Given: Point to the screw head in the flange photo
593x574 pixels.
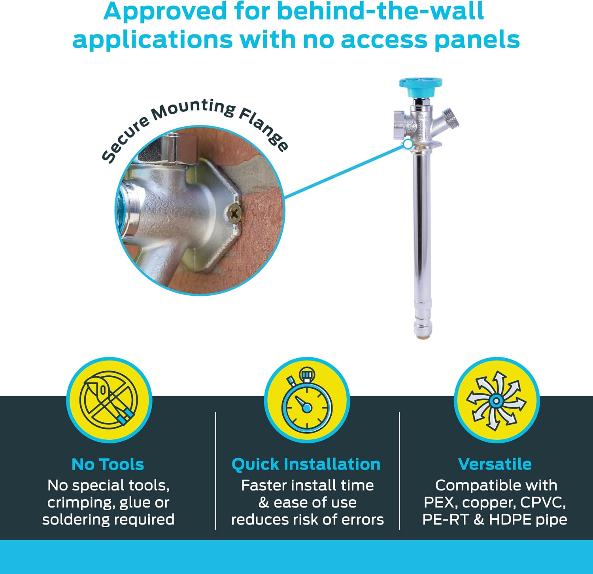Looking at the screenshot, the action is tap(234, 215).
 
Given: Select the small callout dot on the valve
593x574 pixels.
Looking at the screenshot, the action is tap(408, 144).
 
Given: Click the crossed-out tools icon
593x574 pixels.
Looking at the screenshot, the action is tap(109, 400).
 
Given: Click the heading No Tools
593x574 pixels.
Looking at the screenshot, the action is tap(108, 464).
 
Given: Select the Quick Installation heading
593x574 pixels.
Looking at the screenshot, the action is tap(306, 464).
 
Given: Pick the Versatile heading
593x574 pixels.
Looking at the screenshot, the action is tap(495, 464).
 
